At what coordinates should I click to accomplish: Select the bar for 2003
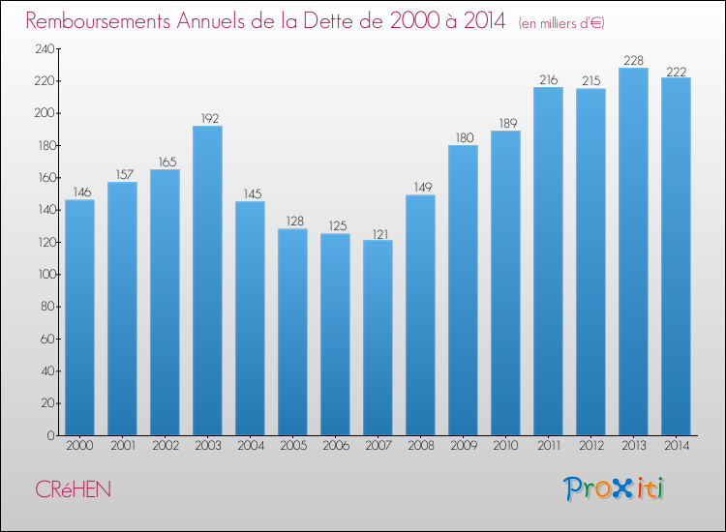coord(207,281)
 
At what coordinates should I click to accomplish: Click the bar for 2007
coord(378,338)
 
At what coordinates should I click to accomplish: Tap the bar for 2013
coord(633,251)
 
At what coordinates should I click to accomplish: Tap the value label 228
coord(633,61)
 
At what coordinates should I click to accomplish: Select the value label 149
coord(420,188)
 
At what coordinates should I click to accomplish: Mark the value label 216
coord(548,80)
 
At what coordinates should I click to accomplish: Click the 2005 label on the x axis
coord(292,447)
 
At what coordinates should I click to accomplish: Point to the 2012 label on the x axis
coord(590,447)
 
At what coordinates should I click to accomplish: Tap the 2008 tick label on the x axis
coord(420,447)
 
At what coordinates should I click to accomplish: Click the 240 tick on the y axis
coord(43,48)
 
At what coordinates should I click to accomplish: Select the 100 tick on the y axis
coord(43,275)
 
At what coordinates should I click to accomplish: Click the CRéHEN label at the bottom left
coord(73,489)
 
